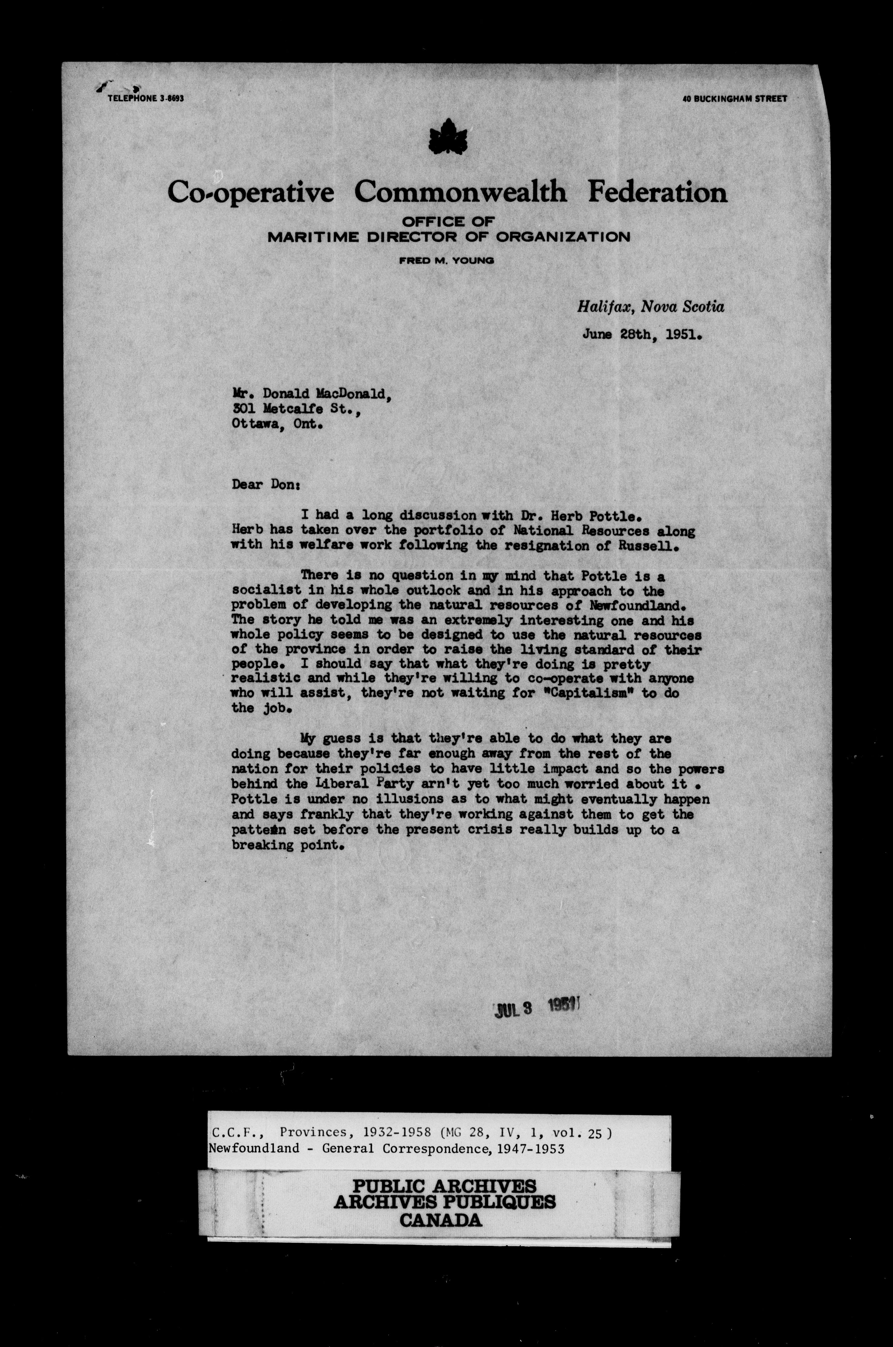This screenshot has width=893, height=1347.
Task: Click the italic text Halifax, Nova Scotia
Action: [650, 307]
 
